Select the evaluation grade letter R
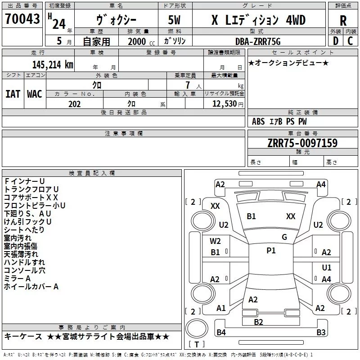pos(343,21)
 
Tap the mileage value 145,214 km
pos(53,65)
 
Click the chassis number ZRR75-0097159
pos(302,143)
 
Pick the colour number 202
pos(74,104)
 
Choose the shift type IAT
pos(13,94)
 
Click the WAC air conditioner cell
pos(34,94)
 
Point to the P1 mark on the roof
pos(271,251)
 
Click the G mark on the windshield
pos(284,237)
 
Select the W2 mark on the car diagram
pos(216,241)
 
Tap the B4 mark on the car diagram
pos(221,333)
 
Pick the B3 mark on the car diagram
pos(321,333)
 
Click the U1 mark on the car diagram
pos(327,268)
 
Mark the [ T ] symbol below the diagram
pos(196,345)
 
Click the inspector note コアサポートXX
pos(31,197)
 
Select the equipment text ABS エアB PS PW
pos(279,121)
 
